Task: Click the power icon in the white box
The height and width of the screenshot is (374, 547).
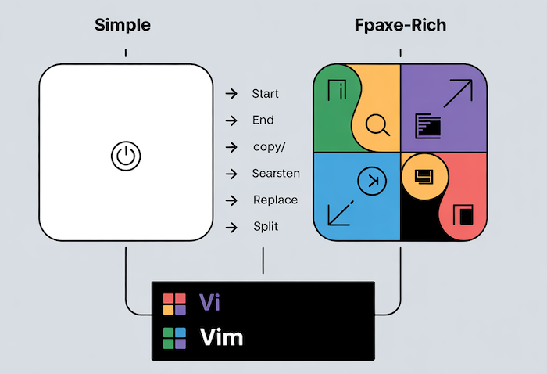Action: pos(126,156)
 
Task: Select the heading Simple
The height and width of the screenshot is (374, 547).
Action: pos(123,25)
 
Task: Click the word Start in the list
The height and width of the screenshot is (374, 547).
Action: pos(265,94)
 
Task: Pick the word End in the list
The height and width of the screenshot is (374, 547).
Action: pos(263,120)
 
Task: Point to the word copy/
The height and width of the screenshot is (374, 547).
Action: pos(267,147)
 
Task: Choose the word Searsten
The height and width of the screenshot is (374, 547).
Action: pos(276,173)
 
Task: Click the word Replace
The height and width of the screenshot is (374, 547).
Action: pos(275,200)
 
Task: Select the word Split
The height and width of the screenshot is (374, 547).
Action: pos(265,226)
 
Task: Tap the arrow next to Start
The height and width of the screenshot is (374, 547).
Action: pos(231,95)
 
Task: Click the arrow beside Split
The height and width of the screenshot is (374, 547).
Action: pos(231,227)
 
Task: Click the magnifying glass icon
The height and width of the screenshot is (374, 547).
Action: pos(377,124)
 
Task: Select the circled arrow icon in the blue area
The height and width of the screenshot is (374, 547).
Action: pos(372,182)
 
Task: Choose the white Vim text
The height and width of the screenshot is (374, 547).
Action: pos(221,337)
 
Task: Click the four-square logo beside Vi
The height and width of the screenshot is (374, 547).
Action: pos(173,303)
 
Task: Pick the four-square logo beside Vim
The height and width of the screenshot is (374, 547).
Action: pos(173,337)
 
